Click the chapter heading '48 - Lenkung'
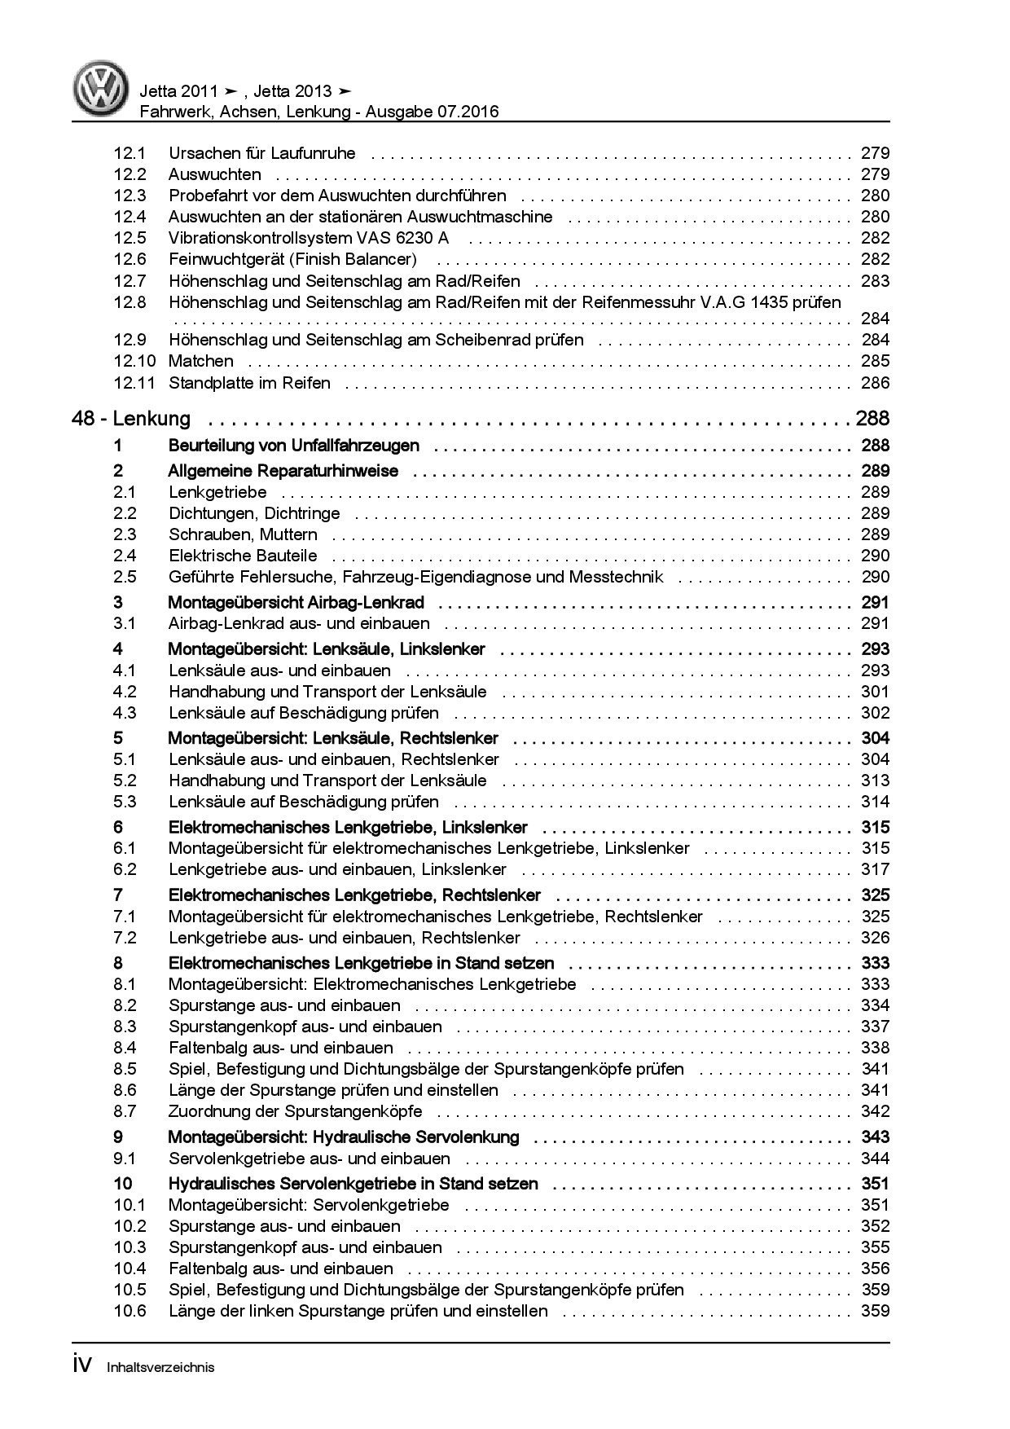[131, 419]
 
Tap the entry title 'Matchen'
[200, 361]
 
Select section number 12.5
[130, 238]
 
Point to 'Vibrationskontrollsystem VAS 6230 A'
[309, 238]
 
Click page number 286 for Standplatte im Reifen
[875, 383]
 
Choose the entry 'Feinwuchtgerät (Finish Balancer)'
[292, 259]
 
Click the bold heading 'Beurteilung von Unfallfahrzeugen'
[293, 446]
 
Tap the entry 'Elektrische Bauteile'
[243, 556]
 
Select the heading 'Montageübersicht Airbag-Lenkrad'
[296, 603]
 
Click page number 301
[875, 692]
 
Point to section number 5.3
[125, 802]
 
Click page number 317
[875, 869]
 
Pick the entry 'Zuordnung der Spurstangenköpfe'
[295, 1111]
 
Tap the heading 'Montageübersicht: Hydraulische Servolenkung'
[343, 1137]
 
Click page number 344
[875, 1159]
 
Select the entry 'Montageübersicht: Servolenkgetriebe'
[309, 1205]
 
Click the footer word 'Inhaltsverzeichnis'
[160, 1367]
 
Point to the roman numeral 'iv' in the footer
[84, 1365]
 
